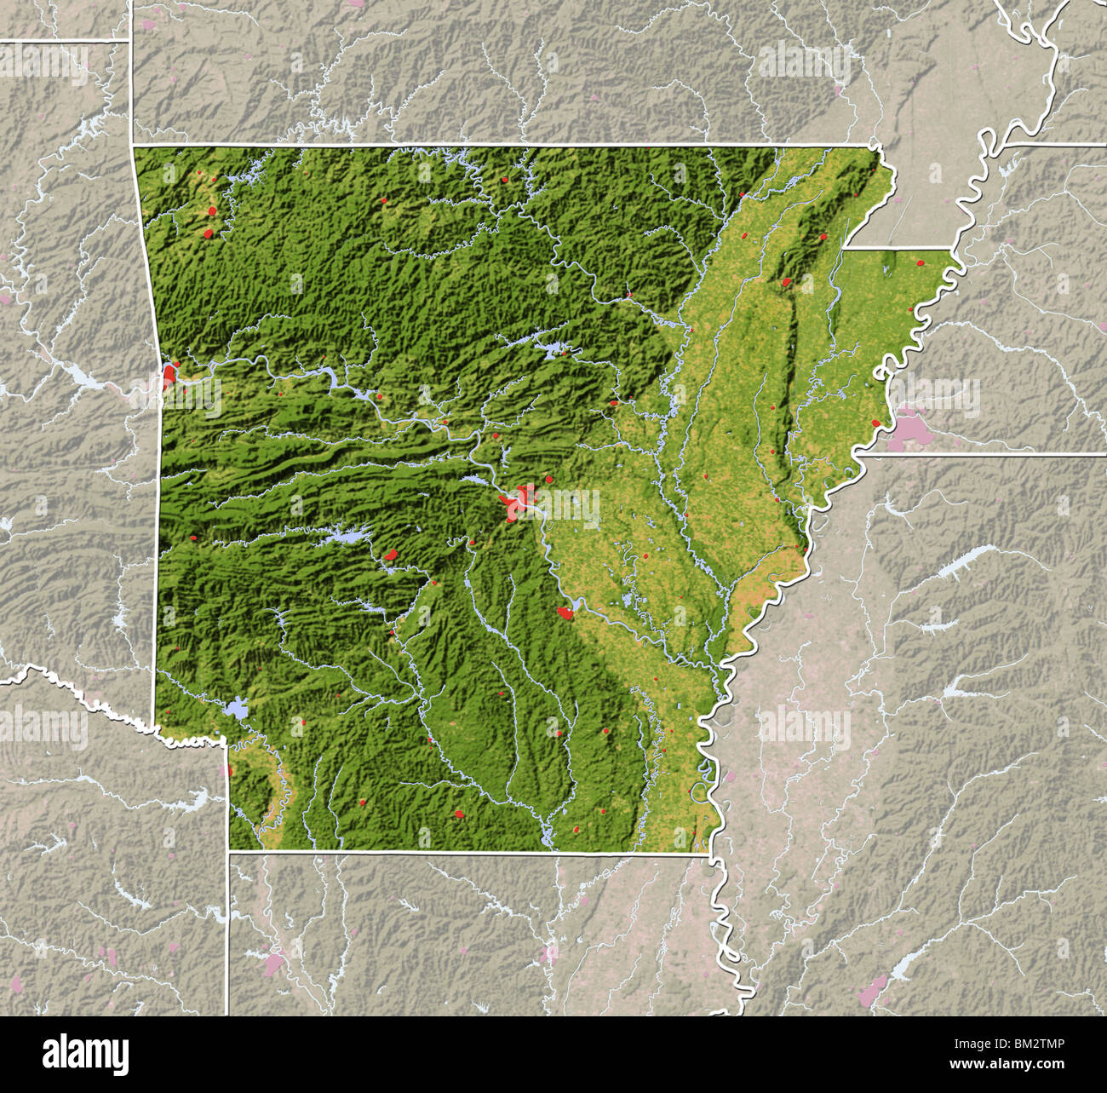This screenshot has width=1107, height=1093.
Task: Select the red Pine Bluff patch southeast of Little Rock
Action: (565, 612)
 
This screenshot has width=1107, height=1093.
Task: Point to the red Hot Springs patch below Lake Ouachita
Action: (391, 555)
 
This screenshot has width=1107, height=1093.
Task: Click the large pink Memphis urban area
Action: (910, 430)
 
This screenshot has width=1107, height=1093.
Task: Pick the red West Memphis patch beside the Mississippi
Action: (875, 423)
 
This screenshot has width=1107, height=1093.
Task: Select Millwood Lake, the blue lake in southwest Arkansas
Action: (236, 709)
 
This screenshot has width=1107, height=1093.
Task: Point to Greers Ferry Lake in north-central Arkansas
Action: (552, 348)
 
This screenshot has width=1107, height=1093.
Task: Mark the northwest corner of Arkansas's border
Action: (134, 147)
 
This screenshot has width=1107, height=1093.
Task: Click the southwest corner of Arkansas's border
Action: (228, 849)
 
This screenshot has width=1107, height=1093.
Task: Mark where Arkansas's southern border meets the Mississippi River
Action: (712, 855)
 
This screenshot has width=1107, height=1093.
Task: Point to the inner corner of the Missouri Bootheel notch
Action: (843, 249)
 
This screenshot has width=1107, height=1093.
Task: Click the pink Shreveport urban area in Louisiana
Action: (273, 964)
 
